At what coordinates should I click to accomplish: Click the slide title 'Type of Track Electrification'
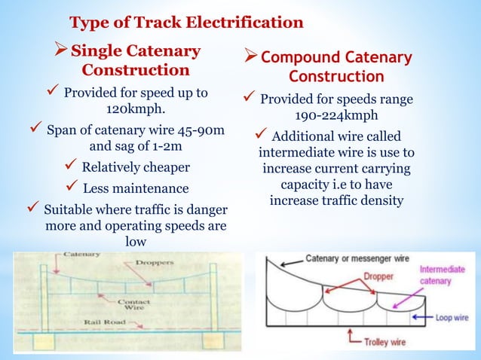(186, 22)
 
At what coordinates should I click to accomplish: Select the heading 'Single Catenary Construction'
(135, 61)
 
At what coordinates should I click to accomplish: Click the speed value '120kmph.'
(135, 108)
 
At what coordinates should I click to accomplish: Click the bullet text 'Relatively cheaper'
(136, 166)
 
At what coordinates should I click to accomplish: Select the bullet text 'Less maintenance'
(136, 188)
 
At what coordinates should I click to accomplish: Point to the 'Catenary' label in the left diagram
(76, 255)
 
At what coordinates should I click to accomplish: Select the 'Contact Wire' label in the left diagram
(135, 304)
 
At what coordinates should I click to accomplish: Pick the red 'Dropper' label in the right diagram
(381, 276)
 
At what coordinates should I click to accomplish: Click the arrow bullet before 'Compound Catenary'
(251, 59)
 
